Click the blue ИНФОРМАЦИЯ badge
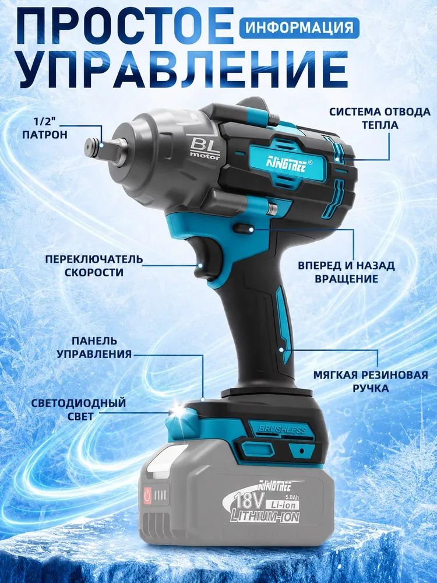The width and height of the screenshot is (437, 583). click(x=299, y=27)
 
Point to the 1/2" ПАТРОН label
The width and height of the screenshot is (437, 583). click(x=45, y=127)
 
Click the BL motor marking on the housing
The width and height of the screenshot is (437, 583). click(x=205, y=148)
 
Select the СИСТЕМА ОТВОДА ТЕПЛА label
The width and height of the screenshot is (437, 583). click(x=380, y=118)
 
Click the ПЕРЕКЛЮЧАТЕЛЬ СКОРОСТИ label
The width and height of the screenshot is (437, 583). click(x=94, y=265)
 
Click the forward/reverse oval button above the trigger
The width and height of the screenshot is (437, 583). click(x=245, y=229)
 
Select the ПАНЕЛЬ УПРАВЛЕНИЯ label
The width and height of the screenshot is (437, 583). click(x=94, y=347)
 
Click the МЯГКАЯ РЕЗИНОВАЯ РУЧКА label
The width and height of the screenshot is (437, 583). click(x=371, y=381)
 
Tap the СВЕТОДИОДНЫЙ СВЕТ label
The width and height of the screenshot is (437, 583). click(x=79, y=409)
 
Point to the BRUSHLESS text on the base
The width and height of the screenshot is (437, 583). click(x=282, y=430)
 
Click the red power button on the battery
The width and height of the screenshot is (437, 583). click(x=148, y=495)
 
